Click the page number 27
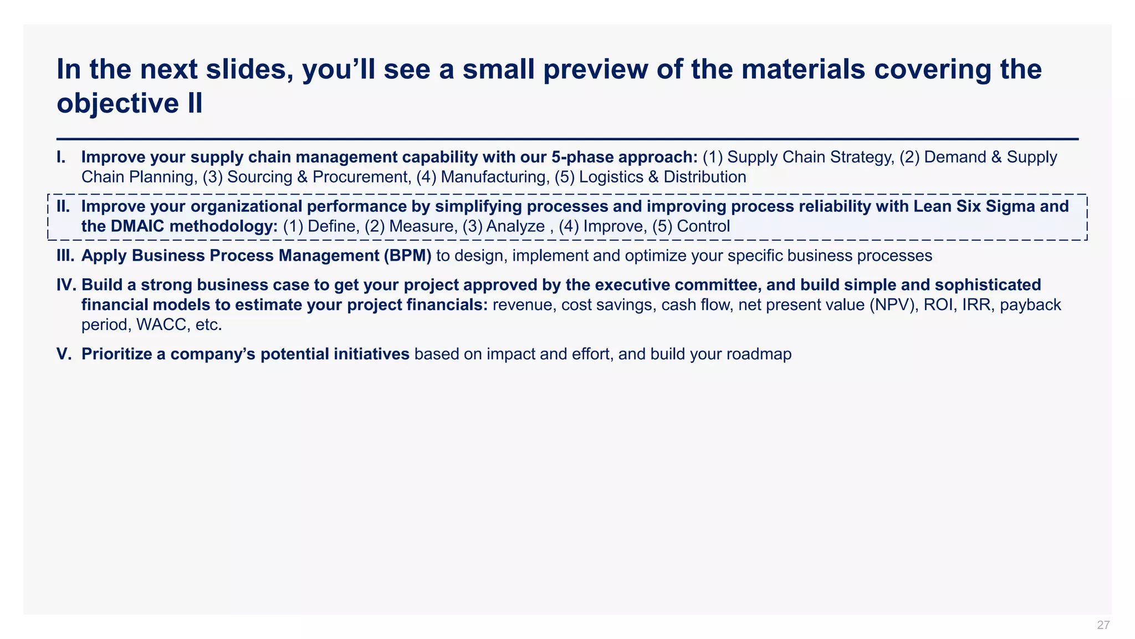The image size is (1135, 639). [1103, 625]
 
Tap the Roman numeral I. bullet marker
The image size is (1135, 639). [61, 157]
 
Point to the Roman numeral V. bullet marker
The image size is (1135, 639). [64, 354]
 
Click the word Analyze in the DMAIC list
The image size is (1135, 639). [515, 226]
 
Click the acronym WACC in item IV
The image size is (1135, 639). [163, 325]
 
